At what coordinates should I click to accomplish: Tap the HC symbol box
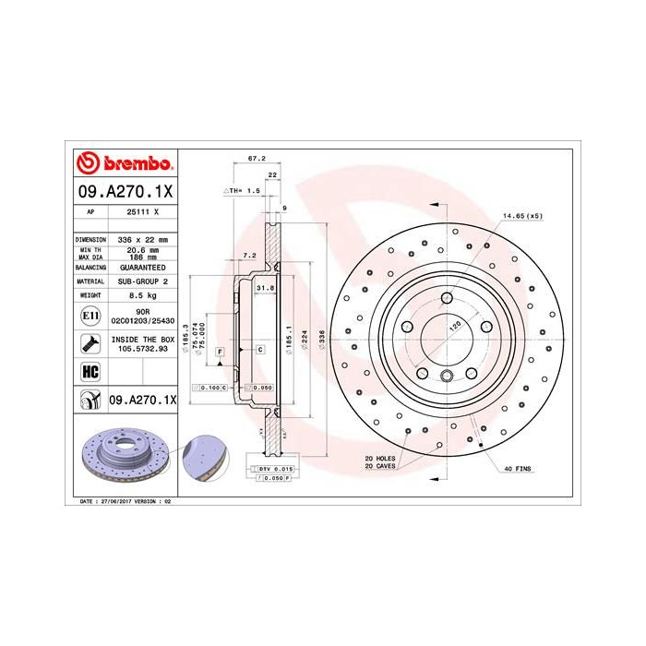pos(90,372)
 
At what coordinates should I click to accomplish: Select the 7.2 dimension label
pos(248,255)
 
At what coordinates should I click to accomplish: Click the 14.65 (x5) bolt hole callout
pos(522,216)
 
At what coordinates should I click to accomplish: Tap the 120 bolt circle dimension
pos(453,326)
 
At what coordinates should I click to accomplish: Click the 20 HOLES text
pos(379,459)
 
